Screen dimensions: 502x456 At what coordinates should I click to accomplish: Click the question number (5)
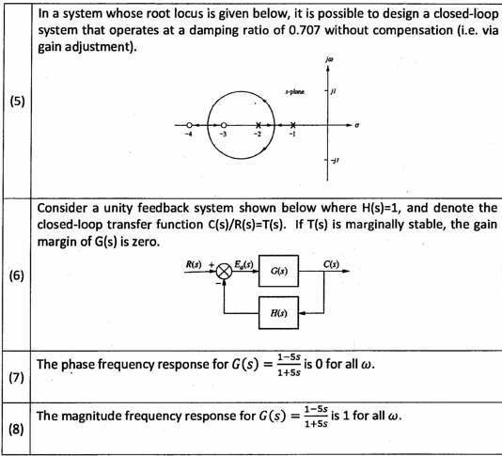coord(17,102)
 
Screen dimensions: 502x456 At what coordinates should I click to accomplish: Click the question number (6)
coord(17,275)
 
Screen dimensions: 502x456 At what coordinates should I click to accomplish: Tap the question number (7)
coord(17,378)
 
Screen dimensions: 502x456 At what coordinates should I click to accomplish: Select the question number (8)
coord(17,429)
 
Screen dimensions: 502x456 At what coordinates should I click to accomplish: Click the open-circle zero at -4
coord(189,125)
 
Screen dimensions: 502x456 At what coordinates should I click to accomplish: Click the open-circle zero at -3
coord(224,125)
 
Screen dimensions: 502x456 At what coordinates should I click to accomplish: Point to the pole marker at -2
coord(259,125)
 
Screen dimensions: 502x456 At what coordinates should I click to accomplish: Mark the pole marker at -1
coord(293,125)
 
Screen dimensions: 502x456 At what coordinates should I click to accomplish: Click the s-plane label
coord(295,92)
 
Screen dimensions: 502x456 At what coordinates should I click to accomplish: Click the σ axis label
coord(356,125)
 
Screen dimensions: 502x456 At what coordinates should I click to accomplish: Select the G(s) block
coord(278,271)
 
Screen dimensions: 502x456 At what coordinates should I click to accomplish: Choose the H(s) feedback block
coord(278,313)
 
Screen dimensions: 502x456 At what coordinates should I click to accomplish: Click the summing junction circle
coord(224,271)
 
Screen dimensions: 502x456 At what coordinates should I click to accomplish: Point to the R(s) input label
coord(194,264)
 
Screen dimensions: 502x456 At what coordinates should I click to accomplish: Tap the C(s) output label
coord(331,264)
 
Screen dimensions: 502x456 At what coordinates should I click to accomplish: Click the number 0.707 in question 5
coord(305,30)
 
